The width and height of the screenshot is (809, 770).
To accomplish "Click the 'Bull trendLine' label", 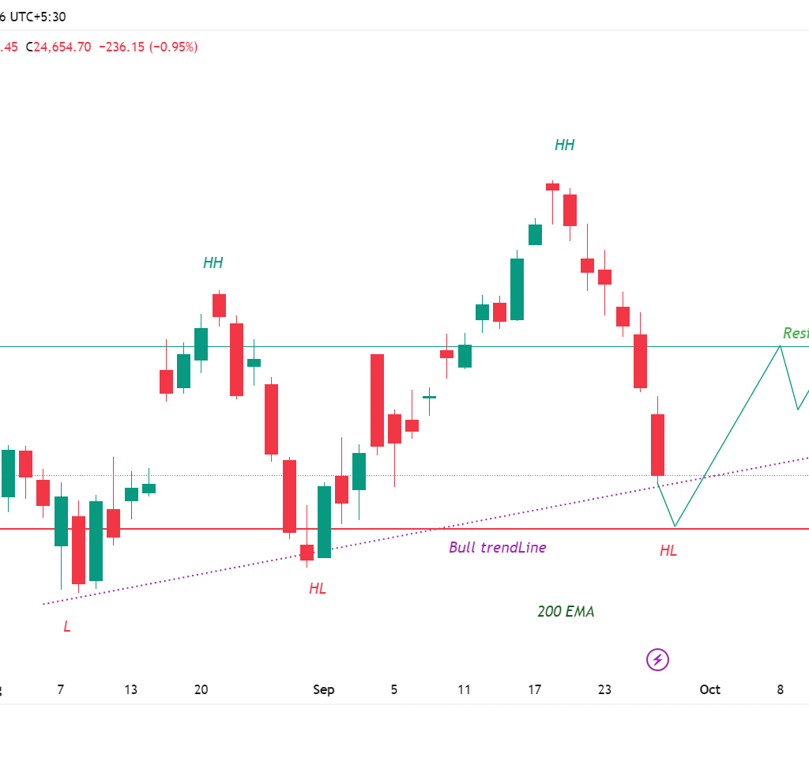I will (497, 547).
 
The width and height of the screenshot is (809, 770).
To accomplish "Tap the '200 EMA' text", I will (566, 611).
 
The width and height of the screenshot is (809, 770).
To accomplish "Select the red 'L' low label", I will (67, 626).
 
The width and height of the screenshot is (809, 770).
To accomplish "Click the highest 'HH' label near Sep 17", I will (564, 145).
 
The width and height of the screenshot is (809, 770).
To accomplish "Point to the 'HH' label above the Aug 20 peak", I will (213, 262).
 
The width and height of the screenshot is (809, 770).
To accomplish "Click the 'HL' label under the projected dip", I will (668, 551).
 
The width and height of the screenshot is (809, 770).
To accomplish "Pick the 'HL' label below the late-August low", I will (318, 588).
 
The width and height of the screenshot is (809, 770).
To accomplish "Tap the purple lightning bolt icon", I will (657, 659).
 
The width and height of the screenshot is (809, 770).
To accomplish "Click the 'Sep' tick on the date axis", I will (323, 689).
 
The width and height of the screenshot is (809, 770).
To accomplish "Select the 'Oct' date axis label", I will (709, 689).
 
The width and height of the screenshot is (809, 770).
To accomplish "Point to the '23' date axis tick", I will (604, 689).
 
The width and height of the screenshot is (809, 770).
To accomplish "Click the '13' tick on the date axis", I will (130, 689).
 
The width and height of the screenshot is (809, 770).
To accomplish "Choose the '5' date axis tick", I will (393, 689).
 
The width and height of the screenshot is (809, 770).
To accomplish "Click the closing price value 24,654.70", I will (62, 47).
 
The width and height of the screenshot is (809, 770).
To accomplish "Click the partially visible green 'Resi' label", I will (795, 333).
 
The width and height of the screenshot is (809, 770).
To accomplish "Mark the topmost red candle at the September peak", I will (552, 187).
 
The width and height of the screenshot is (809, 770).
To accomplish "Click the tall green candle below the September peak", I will (517, 289).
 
